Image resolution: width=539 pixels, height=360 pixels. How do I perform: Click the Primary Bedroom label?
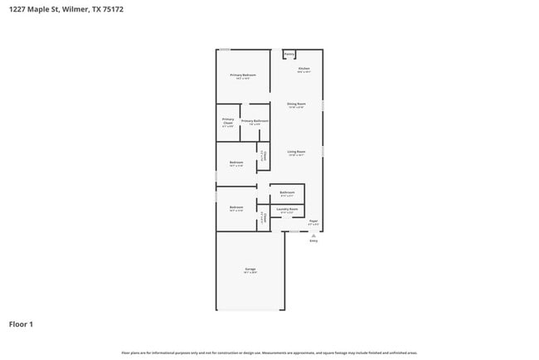pos(243,75)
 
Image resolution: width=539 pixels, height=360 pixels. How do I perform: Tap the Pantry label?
pos(289,55)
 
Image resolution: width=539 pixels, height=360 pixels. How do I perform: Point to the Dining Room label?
pos(296,104)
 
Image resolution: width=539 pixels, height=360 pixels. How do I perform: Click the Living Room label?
pos(296,152)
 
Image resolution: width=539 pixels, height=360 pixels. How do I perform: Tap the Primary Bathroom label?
pos(255,121)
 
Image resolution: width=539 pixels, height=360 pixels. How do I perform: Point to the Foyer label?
pos(313,221)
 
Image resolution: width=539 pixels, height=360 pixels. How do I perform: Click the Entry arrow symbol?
pos(313,235)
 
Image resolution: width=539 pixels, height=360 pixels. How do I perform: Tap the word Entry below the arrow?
pos(313,241)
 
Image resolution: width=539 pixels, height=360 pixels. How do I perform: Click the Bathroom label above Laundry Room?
pos(287,192)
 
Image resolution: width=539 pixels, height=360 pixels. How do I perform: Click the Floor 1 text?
pos(21,324)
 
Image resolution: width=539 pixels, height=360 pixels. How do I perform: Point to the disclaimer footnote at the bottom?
pos(269,353)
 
